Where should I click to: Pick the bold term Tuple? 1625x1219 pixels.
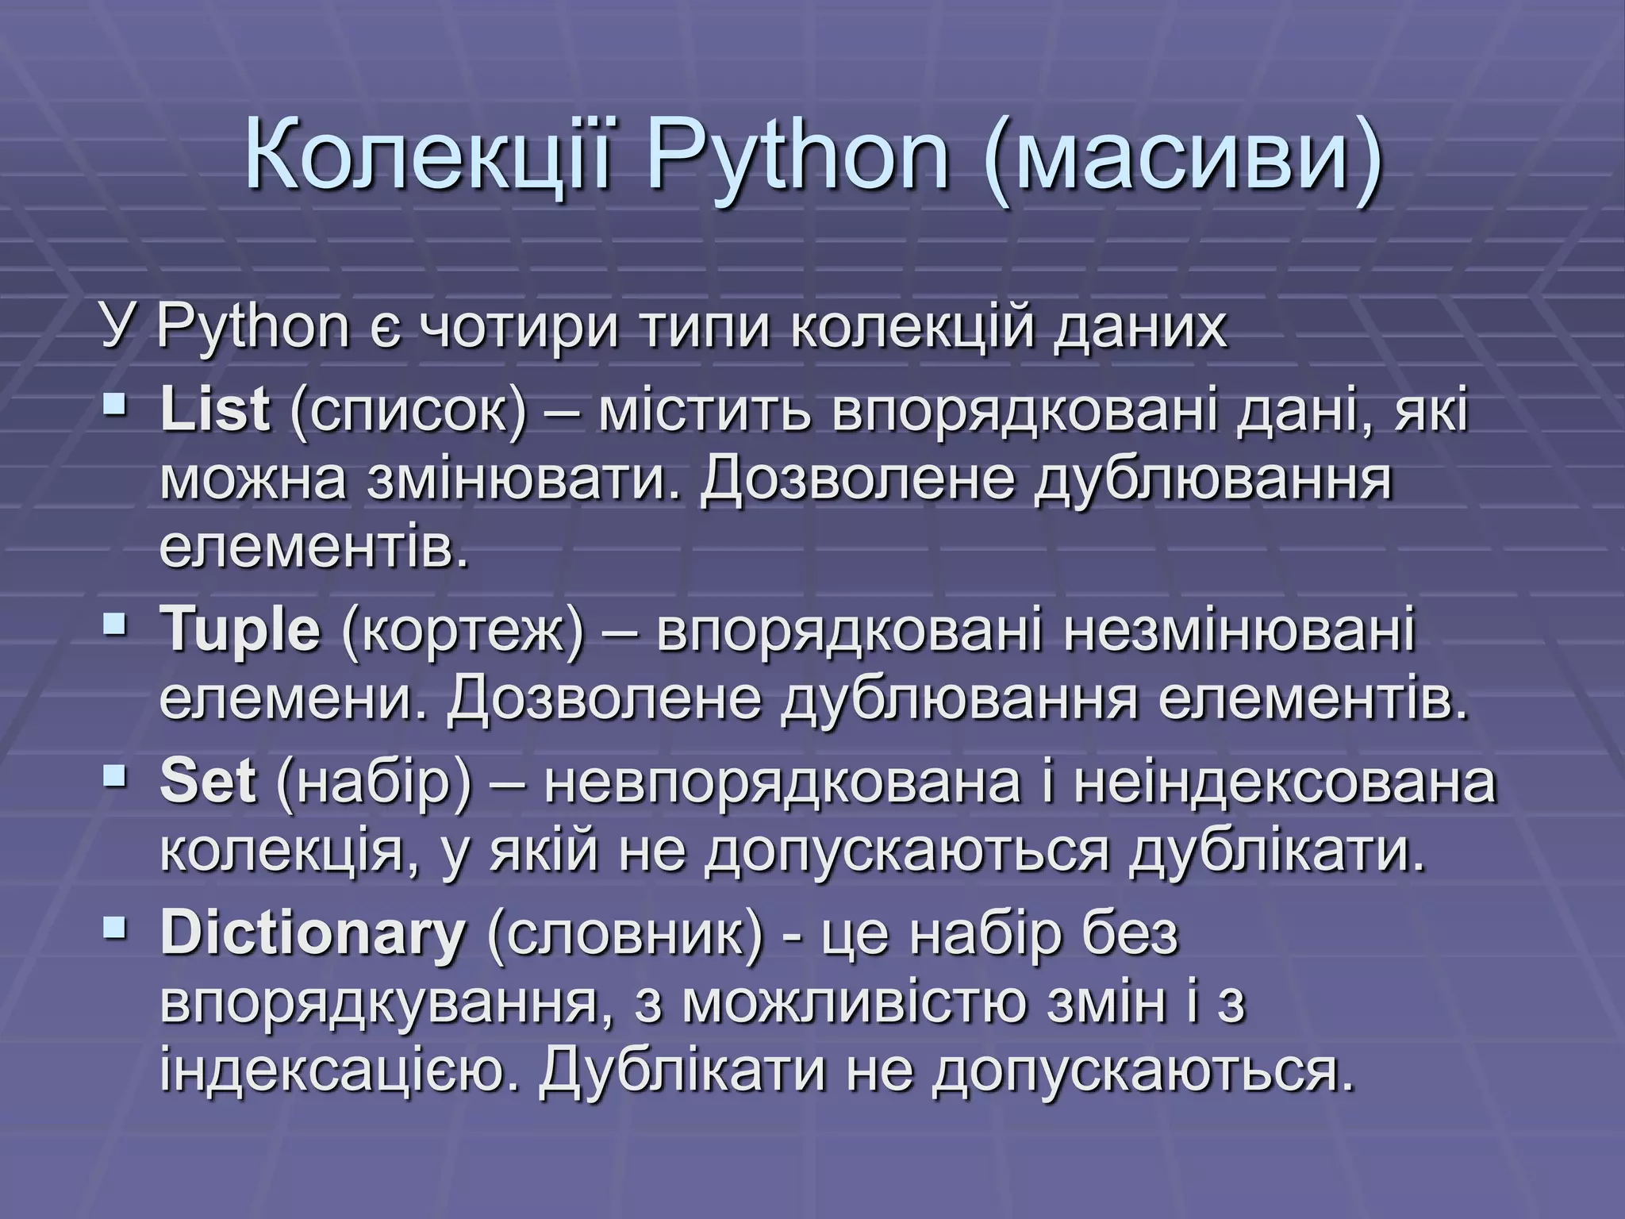point(240,630)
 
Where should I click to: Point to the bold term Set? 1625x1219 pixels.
point(208,782)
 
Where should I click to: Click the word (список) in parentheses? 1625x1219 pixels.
point(409,413)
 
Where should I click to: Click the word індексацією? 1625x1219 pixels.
point(341,1072)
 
